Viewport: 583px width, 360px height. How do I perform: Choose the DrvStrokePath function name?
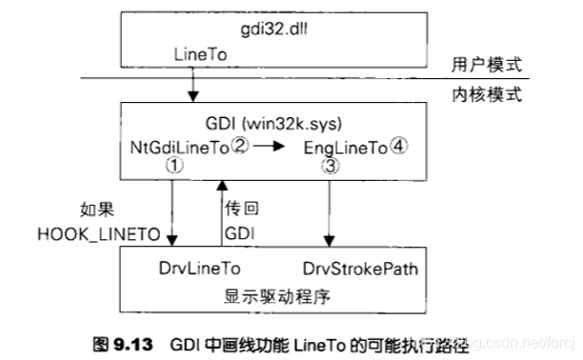(x=359, y=270)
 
